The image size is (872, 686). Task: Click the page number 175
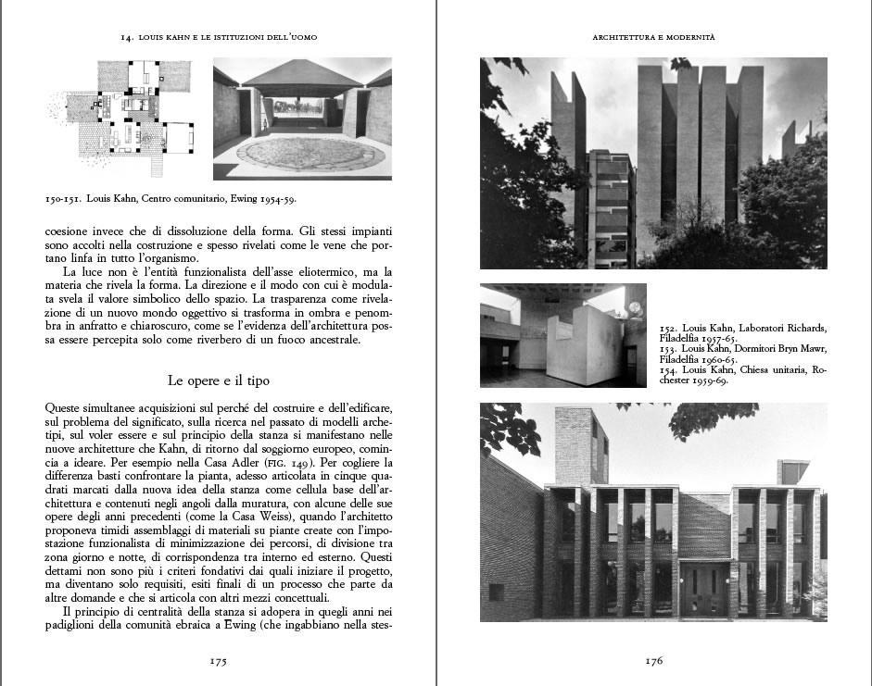218,661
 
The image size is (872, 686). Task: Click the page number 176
653,661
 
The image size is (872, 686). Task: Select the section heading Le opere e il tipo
218,380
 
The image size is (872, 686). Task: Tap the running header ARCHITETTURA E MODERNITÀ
653,37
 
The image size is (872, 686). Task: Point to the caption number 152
668,329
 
